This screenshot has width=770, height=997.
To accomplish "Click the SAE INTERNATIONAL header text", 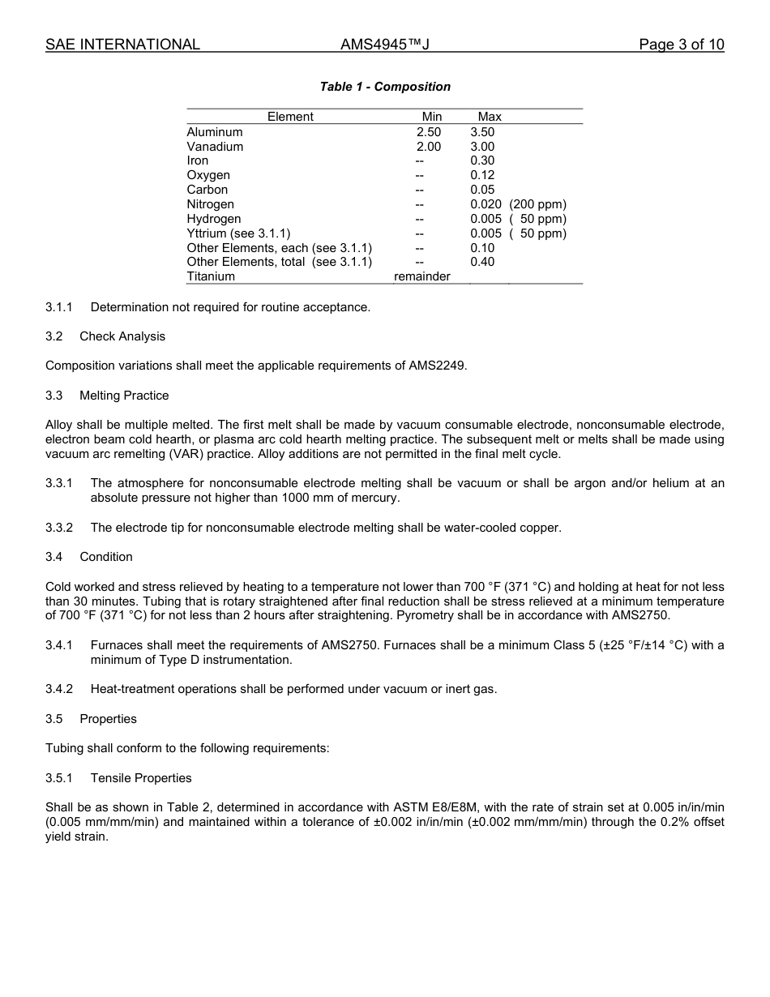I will coord(122,45).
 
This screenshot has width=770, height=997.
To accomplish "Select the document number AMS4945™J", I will coord(384,45).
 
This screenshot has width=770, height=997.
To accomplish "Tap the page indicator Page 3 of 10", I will coord(681,45).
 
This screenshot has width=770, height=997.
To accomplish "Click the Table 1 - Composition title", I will coord(385,87).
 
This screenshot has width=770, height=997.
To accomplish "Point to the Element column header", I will coord(290,117).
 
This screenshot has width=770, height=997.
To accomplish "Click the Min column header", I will coord(432,117).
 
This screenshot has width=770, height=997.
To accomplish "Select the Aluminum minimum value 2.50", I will coord(429,132).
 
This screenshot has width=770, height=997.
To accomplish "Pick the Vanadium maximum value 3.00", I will coord(482,147).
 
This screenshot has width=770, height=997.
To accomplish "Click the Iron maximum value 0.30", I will coord(482,160).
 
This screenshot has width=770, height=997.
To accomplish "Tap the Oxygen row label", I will coord(208,175).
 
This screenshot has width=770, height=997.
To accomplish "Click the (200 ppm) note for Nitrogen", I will coord(537,204).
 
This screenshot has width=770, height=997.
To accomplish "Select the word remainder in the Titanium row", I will coord(421,276).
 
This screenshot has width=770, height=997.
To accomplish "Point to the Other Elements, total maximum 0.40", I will coord(482,262).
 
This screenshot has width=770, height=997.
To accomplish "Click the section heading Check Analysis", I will coord(122,336).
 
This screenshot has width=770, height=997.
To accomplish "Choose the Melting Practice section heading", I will coord(124,396).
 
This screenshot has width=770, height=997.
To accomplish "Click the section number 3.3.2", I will coord(59,528).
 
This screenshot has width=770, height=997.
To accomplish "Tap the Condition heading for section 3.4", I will coord(106,557).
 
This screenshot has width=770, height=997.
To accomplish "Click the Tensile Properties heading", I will coord(141,778).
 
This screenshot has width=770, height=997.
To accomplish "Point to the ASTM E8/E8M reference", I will coord(438,807).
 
